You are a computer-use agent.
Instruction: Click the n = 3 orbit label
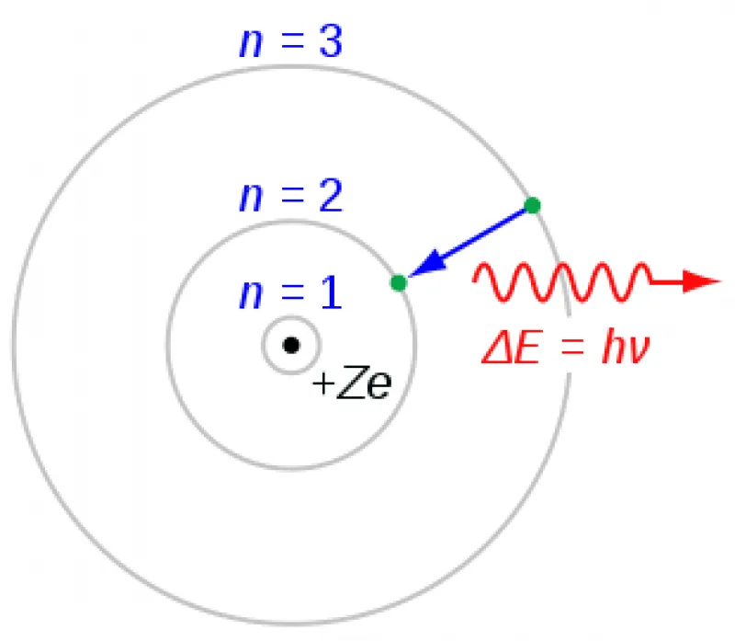point(290,41)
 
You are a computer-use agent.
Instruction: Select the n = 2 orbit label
point(290,196)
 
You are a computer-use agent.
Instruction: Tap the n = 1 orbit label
point(290,292)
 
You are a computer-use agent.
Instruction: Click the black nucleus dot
point(291,345)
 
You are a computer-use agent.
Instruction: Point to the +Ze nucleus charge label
point(352,383)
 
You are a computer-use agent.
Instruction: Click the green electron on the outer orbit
point(532,205)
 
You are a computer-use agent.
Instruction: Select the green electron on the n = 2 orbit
point(399,283)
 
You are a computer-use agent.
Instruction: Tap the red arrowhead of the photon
point(701,281)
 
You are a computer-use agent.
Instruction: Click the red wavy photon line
point(562,281)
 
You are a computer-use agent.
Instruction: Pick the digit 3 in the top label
point(331,41)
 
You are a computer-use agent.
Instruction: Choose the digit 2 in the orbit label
point(331,196)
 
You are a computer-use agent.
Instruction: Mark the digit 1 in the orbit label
point(332,292)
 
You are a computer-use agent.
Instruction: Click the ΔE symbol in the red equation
point(511,348)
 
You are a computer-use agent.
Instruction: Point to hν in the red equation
point(626,348)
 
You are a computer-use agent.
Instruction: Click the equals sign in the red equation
point(571,349)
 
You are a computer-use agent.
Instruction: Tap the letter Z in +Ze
point(351,382)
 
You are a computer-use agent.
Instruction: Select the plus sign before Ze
point(323,383)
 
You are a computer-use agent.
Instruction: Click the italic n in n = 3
point(251,45)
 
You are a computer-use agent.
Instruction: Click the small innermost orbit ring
point(291,317)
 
